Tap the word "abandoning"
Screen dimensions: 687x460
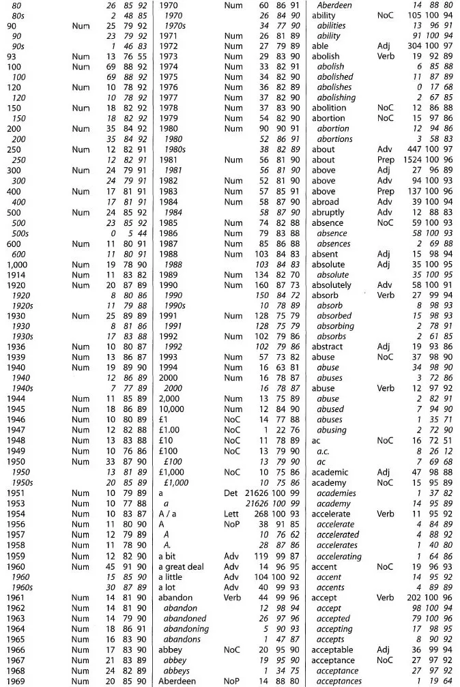pyautogui.click(x=186, y=628)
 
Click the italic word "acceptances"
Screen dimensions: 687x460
pyautogui.click(x=339, y=681)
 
